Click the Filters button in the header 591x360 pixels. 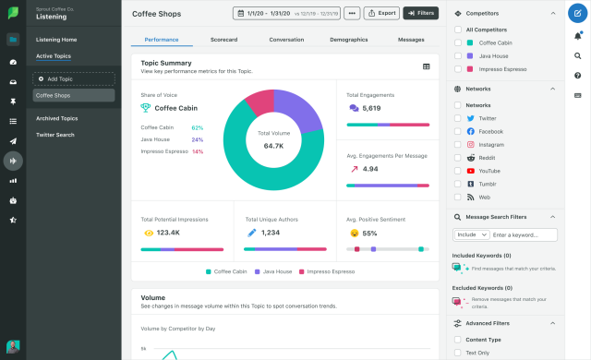pos(421,14)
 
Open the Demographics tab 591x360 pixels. pos(348,40)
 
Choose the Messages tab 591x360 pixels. pos(411,40)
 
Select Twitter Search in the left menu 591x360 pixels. pos(55,135)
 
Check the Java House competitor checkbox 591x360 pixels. pos(458,55)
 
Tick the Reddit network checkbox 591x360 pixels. pos(458,158)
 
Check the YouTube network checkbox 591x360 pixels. pos(458,171)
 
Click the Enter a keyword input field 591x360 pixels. pos(524,235)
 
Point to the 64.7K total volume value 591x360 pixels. pos(273,146)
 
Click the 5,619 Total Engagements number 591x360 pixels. pos(371,108)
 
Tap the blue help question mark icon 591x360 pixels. pos(577,14)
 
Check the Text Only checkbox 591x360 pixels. pos(458,353)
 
